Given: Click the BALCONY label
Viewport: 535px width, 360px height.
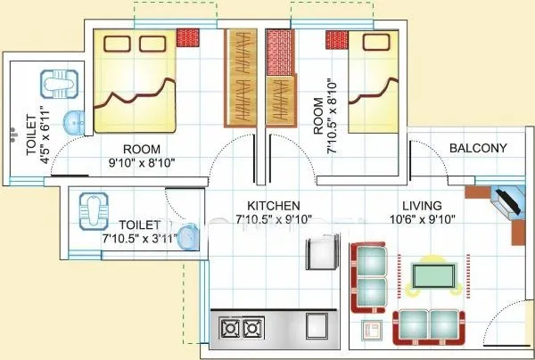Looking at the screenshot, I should [x=478, y=148].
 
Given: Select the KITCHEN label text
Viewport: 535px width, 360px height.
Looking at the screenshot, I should [x=267, y=206].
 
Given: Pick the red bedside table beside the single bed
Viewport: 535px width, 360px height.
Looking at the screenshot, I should [x=335, y=40].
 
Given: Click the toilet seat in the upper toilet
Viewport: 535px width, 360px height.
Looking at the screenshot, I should [x=56, y=85].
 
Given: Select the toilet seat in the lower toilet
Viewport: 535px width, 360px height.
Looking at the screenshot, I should [x=94, y=207].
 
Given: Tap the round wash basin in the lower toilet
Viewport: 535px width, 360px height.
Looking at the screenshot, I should [x=186, y=238].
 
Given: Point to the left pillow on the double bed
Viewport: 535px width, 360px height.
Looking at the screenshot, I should [x=115, y=44].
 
